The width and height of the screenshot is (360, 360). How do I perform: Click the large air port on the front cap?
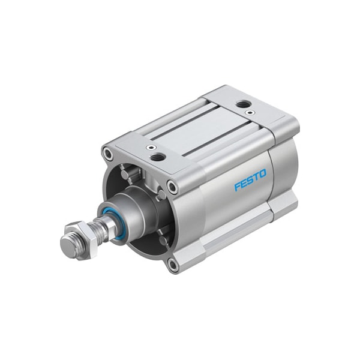tap(158, 157)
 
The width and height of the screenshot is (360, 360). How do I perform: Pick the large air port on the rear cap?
tap(242, 105)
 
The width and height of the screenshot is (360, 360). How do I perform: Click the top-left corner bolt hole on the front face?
tap(109, 155)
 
